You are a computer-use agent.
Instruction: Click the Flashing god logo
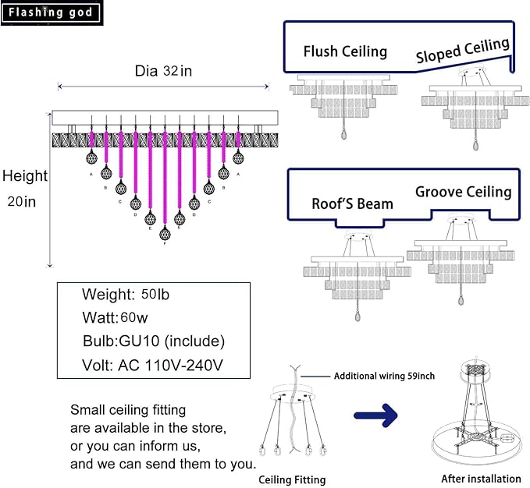[x=51, y=12]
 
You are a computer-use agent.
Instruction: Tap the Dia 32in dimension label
[x=163, y=71]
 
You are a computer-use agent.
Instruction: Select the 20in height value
[x=22, y=201]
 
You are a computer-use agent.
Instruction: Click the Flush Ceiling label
[x=345, y=51]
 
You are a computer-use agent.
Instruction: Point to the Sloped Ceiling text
[x=463, y=51]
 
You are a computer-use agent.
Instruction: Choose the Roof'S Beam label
[x=352, y=203]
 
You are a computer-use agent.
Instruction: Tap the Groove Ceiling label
[x=464, y=192]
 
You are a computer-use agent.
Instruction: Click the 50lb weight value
[x=155, y=295]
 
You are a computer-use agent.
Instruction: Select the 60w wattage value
[x=133, y=317]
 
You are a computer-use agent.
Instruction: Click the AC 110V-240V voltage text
[x=170, y=365]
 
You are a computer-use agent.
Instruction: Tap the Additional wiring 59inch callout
[x=384, y=376]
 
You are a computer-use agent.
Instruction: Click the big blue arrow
[x=376, y=415]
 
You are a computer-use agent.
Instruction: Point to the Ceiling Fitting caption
[x=292, y=479]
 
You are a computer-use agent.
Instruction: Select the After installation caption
[x=481, y=479]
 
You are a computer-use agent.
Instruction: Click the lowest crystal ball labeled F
[x=165, y=233]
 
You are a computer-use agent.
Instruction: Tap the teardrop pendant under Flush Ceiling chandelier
[x=343, y=135]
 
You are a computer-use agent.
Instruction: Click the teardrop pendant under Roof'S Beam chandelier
[x=357, y=316]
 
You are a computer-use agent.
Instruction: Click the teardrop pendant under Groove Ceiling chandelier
[x=461, y=300]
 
